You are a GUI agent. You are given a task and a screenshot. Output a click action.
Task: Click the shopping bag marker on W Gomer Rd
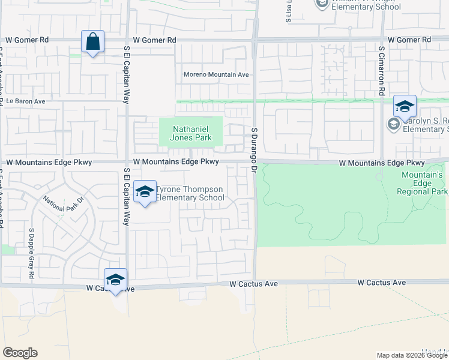pos(92,43)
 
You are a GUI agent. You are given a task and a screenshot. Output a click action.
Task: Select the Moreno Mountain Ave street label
pos(216,75)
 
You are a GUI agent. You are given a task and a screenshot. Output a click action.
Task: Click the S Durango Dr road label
pos(254,151)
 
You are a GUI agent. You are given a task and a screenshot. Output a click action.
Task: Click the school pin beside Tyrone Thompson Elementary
pos(145,193)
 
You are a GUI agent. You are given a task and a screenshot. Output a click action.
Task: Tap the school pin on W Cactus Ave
pos(115,280)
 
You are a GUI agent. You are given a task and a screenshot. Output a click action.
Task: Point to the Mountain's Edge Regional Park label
pos(423,183)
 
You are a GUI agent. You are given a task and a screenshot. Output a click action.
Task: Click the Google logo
pos(20,353)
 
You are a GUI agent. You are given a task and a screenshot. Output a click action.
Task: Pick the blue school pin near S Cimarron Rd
pos(405,107)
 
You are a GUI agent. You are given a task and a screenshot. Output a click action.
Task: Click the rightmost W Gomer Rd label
pos(409,40)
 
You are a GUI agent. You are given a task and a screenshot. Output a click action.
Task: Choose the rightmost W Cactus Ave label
pos(382,283)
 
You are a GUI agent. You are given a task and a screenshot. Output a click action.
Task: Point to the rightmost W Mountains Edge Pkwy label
pos(382,163)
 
